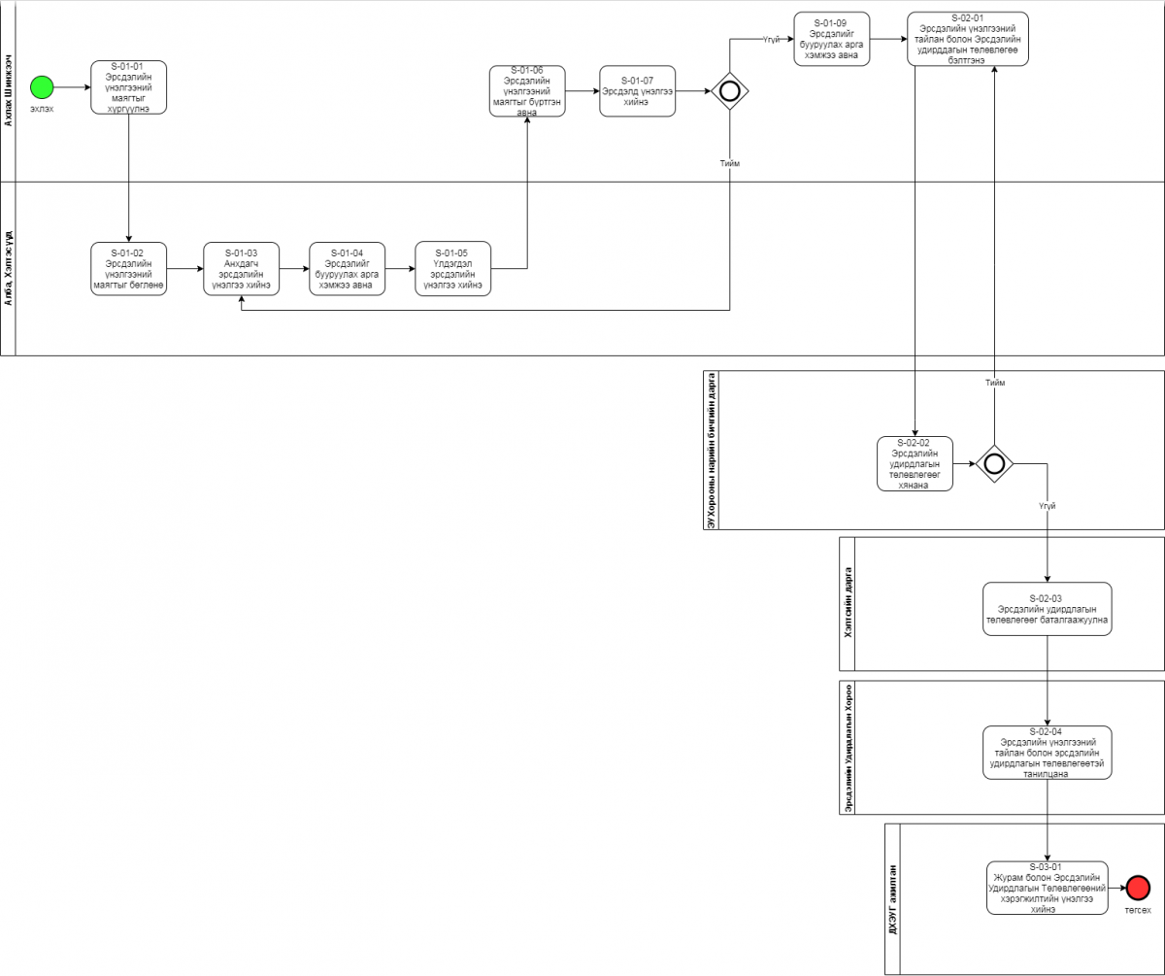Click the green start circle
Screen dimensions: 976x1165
pyautogui.click(x=41, y=87)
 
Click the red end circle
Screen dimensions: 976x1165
pyautogui.click(x=1138, y=887)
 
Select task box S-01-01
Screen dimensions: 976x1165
pyautogui.click(x=129, y=87)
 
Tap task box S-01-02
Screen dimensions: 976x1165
pyautogui.click(x=129, y=269)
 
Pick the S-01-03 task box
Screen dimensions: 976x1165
pyautogui.click(x=241, y=269)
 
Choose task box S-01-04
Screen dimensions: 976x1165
pyautogui.click(x=347, y=269)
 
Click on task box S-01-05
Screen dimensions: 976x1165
pyautogui.click(x=452, y=269)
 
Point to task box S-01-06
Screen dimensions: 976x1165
pyautogui.click(x=527, y=91)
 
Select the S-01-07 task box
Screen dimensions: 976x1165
pyautogui.click(x=637, y=91)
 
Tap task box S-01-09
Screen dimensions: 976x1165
pyautogui.click(x=832, y=39)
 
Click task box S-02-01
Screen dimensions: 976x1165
pyautogui.click(x=968, y=39)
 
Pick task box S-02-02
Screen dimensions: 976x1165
pyautogui.click(x=915, y=463)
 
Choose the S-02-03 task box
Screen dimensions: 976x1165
pyautogui.click(x=1047, y=609)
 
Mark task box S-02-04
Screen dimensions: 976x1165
pyautogui.click(x=1047, y=753)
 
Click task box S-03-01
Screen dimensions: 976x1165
pyautogui.click(x=1047, y=887)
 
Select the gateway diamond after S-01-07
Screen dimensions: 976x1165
pyautogui.click(x=729, y=91)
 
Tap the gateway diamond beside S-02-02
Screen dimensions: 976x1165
pyautogui.click(x=994, y=463)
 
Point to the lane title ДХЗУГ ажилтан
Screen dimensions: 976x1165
pyautogui.click(x=893, y=898)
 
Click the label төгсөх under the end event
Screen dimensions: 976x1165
pyautogui.click(x=1138, y=911)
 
